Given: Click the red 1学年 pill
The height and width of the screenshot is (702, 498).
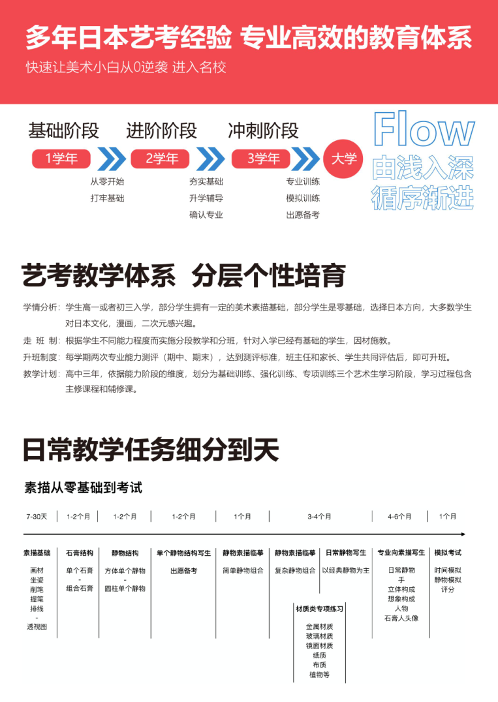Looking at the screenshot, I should click(61, 159).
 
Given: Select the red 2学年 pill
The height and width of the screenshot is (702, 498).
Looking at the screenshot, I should click(161, 159).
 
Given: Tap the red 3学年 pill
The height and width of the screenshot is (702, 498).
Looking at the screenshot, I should click(263, 159).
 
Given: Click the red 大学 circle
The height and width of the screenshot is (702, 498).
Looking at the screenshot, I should click(344, 159).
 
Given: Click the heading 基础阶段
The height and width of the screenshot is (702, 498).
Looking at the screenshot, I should click(64, 130).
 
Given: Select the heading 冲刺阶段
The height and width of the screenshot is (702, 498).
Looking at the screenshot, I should click(263, 130).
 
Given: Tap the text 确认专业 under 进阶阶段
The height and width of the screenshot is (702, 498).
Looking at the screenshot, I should click(206, 215).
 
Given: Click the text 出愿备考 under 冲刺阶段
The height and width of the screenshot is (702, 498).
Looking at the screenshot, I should click(303, 215).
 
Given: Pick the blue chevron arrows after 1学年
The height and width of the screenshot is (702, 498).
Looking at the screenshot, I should click(111, 159).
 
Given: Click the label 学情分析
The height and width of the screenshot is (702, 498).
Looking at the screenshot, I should click(41, 307).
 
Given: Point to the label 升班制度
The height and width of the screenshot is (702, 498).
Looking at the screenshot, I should click(41, 358).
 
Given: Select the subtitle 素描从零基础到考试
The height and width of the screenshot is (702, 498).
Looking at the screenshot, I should click(83, 487).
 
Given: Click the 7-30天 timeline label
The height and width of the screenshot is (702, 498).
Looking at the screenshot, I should click(37, 516).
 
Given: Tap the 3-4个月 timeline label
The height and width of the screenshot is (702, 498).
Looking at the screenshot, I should click(319, 516).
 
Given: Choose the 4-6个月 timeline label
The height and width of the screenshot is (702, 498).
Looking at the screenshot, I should click(399, 516).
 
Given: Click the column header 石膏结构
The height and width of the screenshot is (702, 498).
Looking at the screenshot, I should click(80, 553).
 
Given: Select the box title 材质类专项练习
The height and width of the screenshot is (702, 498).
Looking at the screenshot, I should click(319, 609).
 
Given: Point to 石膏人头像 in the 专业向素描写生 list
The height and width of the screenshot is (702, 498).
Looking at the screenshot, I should click(401, 618).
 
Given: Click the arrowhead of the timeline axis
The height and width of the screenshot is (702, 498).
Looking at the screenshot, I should click(462, 534).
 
